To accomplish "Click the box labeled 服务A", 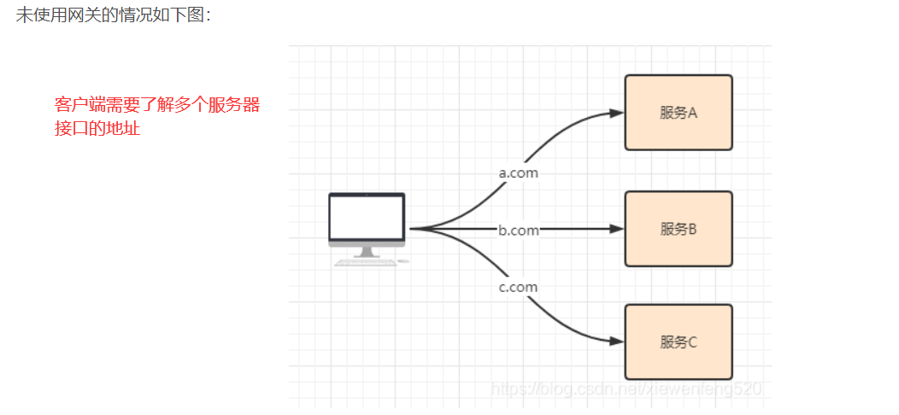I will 679,113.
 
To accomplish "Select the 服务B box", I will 679,229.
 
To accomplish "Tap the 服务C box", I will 679,342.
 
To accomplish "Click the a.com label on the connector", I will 519,172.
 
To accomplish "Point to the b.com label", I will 519,230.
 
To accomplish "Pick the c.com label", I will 519,287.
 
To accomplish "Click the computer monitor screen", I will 367,218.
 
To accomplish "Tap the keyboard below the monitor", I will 366,262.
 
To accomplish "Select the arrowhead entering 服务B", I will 616,229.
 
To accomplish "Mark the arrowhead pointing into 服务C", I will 616,342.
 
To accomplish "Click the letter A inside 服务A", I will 693,113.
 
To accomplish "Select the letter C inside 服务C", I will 693,342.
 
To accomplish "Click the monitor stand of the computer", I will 367,252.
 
